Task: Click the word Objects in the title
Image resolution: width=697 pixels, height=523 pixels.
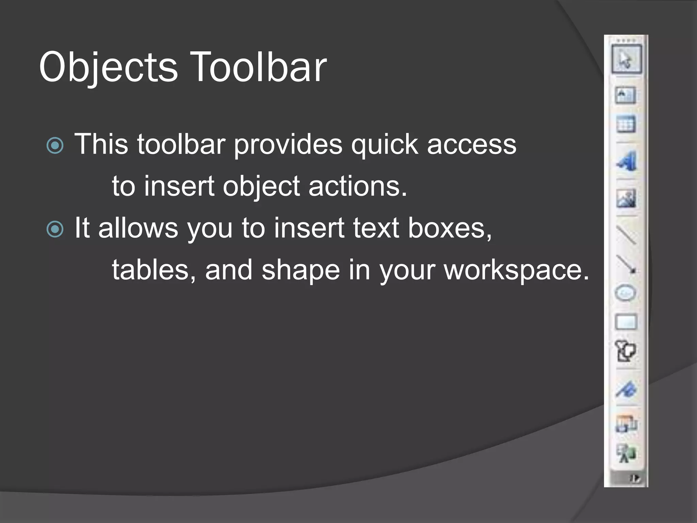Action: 108,67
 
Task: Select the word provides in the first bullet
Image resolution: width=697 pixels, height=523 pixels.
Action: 288,144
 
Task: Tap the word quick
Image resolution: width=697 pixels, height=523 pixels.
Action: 385,144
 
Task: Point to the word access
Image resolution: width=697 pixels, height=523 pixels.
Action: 472,144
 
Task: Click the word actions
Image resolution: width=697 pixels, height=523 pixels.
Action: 358,186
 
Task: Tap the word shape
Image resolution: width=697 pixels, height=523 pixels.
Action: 301,270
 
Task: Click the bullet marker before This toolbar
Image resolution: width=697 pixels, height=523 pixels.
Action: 55,146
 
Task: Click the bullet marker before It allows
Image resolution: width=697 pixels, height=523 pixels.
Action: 55,229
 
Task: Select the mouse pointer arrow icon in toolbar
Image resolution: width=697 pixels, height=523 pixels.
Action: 626,59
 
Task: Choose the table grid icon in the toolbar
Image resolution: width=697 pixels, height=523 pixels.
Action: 626,124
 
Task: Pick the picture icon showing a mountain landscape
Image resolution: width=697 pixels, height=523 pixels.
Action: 626,199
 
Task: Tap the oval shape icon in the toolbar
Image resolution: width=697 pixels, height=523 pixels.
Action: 626,293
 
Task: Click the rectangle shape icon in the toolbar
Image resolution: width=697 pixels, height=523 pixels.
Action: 626,322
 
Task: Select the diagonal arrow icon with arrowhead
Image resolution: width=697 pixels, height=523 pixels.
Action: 626,264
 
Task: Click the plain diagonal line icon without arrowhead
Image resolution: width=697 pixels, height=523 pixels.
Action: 626,235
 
